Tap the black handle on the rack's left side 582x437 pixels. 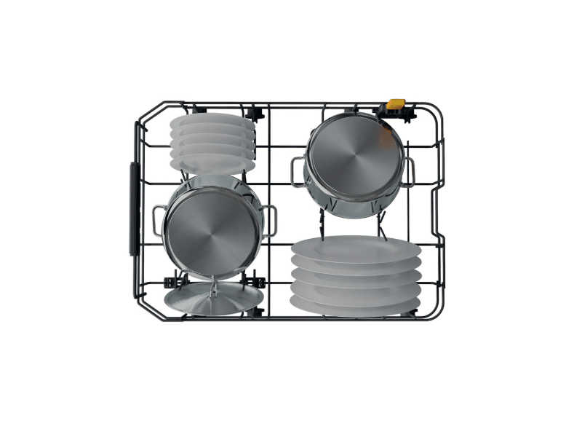tap(133, 208)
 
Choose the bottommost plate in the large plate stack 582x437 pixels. tap(356, 305)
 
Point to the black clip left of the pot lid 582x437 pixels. tap(175, 279)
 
